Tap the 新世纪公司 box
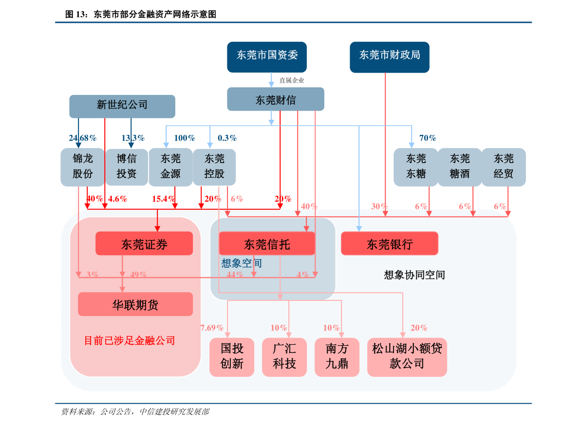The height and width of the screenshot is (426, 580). click(x=122, y=106)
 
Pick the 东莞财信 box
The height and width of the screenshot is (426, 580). click(x=275, y=99)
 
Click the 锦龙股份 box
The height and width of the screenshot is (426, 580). click(x=82, y=167)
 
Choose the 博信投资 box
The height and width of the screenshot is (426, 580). click(x=127, y=167)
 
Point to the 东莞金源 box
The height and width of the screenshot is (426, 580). click(x=170, y=167)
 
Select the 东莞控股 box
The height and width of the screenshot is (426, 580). click(x=214, y=167)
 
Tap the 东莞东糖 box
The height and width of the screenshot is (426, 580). click(x=416, y=167)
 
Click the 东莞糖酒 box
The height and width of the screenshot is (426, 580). click(x=460, y=167)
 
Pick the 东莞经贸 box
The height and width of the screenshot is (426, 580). click(x=504, y=167)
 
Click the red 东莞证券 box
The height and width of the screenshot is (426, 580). click(x=144, y=243)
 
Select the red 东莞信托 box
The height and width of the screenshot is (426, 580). click(x=267, y=243)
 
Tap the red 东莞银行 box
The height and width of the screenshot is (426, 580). click(x=390, y=243)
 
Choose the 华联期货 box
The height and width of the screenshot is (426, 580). click(x=135, y=305)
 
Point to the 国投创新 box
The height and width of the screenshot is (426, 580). click(x=232, y=356)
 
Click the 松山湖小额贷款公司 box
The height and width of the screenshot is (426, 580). click(x=407, y=356)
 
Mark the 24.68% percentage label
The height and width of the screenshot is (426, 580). click(x=82, y=138)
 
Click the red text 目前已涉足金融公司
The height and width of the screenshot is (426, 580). click(x=130, y=340)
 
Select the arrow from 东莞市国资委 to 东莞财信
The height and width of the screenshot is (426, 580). click(x=272, y=80)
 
